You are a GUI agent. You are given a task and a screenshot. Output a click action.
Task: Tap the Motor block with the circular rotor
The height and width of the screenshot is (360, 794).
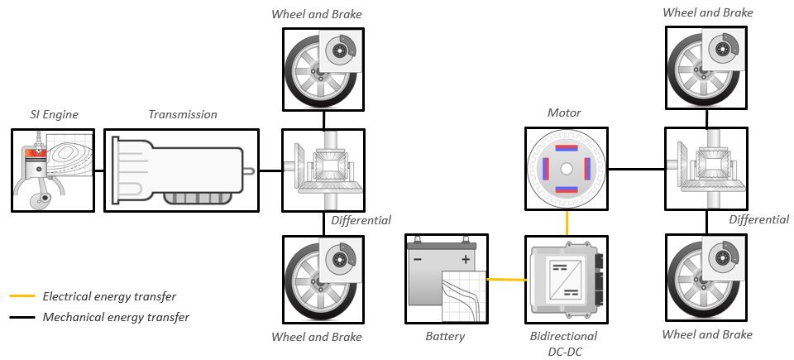(567, 169)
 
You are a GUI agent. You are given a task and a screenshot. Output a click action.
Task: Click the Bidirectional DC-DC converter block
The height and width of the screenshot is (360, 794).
(567, 279)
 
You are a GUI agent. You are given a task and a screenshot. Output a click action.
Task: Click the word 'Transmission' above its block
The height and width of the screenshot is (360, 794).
(182, 114)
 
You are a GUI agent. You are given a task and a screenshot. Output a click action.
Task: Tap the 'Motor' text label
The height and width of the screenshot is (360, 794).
(564, 113)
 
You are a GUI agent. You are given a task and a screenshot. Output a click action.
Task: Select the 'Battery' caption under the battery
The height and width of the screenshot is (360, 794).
(445, 337)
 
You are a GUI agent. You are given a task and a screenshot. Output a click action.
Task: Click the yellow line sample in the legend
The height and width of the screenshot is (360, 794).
(22, 296)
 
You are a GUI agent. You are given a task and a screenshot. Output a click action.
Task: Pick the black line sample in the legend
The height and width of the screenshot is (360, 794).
(22, 317)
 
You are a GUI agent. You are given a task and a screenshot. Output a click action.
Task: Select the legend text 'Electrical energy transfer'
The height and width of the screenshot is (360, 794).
(109, 296)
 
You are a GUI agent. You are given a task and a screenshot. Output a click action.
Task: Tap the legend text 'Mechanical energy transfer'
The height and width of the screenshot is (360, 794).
(116, 317)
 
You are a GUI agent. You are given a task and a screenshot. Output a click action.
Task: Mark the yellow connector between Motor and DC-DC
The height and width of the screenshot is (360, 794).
(567, 223)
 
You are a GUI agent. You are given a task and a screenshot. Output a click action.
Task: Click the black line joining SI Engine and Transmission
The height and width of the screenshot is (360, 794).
(98, 170)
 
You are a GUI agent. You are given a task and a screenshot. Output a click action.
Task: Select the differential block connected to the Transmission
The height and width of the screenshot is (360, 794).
(323, 170)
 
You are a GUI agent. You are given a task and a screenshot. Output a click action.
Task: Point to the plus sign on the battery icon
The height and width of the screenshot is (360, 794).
(466, 259)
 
